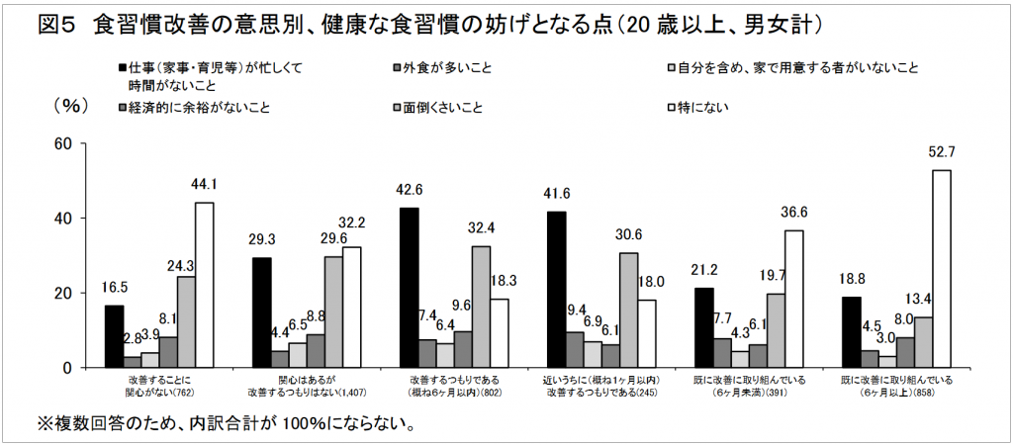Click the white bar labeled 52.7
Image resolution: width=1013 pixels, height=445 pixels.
click(x=941, y=268)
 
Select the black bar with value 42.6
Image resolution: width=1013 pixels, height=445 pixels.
click(x=409, y=288)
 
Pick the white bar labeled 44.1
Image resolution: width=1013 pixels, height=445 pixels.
click(x=204, y=285)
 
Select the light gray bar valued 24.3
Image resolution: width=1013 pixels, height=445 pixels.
click(x=186, y=321)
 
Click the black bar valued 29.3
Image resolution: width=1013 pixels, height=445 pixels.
click(x=261, y=312)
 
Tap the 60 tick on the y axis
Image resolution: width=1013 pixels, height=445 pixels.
click(x=63, y=143)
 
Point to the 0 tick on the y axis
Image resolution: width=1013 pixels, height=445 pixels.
click(x=68, y=368)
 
